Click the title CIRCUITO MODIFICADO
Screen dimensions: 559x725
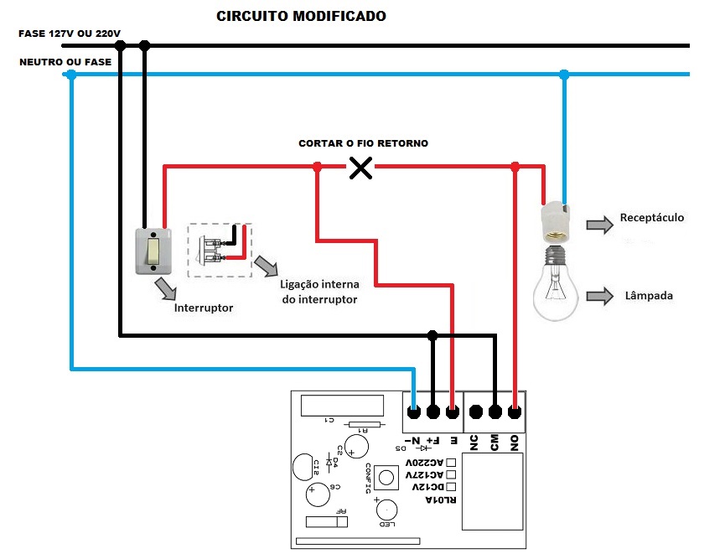point(302,16)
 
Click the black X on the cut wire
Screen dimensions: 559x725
point(360,168)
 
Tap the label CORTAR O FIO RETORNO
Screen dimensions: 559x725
point(363,144)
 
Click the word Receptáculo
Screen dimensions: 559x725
point(652,218)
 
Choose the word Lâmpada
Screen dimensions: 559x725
point(649,296)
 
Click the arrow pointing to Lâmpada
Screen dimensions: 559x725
point(600,296)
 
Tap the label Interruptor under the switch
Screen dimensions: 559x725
point(204,308)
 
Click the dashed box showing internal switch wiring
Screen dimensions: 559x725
point(220,250)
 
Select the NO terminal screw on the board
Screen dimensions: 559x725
point(515,412)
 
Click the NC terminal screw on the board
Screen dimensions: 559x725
point(476,412)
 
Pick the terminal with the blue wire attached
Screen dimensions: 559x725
point(414,412)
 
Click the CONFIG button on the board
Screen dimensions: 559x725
point(386,478)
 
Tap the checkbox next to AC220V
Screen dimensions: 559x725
point(451,462)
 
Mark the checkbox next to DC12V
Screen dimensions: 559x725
point(451,486)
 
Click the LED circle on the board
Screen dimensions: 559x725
point(387,510)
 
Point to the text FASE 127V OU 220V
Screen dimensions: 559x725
point(70,34)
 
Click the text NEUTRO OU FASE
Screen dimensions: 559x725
point(65,62)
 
